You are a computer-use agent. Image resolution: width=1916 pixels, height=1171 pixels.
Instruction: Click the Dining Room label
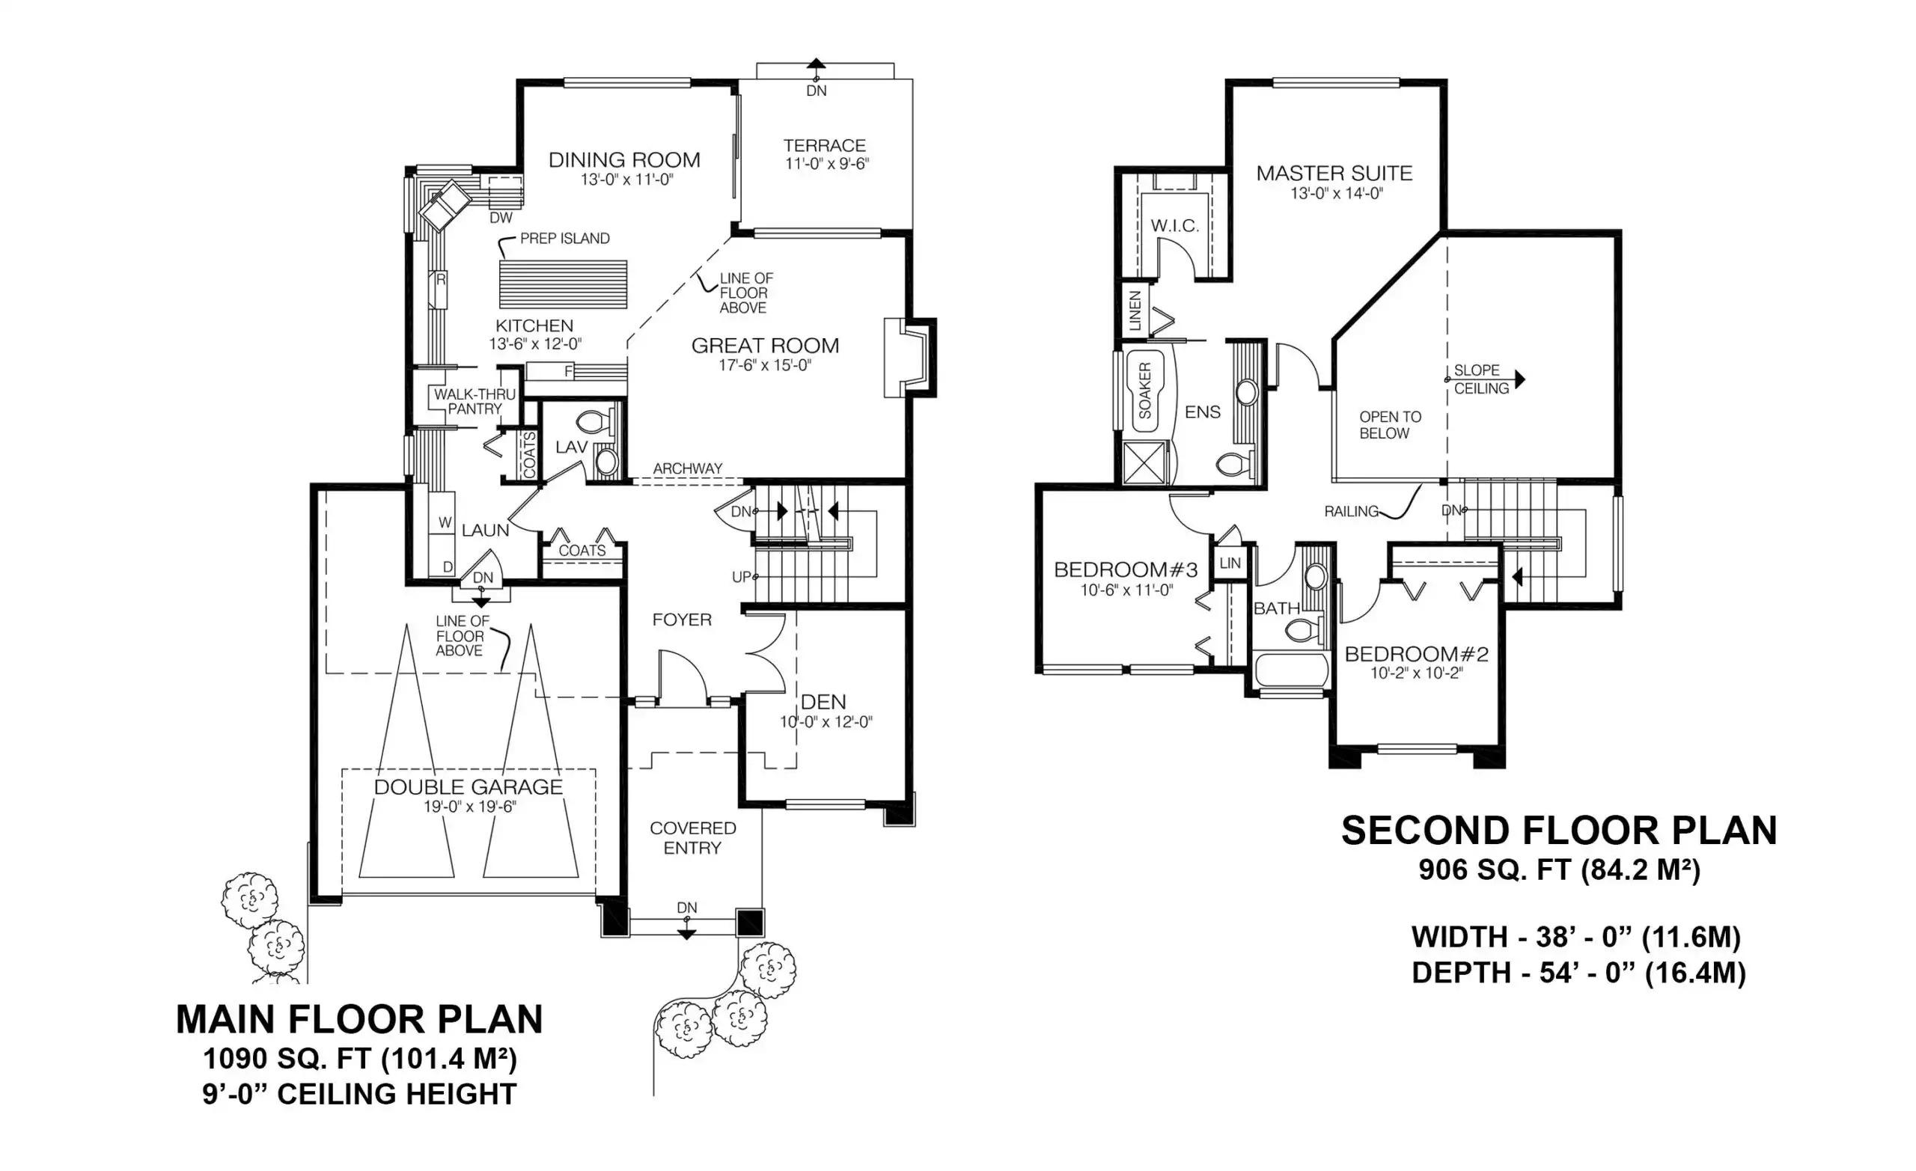[624, 160]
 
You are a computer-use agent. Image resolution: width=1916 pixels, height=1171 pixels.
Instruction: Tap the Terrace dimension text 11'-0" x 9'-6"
[826, 164]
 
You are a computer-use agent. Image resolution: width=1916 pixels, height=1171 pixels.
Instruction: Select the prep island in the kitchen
[563, 284]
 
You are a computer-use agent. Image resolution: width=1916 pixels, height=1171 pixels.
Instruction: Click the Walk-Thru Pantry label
[475, 401]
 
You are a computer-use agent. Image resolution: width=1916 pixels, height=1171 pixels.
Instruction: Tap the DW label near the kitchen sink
[501, 218]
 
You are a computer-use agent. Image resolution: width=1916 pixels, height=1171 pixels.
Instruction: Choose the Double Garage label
[468, 787]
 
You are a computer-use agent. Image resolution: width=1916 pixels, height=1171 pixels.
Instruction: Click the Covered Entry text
[693, 838]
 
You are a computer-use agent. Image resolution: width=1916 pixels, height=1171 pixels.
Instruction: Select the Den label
[823, 701]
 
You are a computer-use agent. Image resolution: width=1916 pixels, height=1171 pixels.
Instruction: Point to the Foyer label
[682, 620]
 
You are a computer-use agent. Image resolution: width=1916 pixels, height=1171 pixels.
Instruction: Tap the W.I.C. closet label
[1175, 226]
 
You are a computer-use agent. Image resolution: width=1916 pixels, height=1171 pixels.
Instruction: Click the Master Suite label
[1334, 174]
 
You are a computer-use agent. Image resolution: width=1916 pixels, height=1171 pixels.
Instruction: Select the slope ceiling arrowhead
[1520, 380]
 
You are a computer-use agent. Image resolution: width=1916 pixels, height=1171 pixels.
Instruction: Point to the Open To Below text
[1390, 425]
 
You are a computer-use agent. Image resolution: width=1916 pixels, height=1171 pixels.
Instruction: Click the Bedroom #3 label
[1126, 570]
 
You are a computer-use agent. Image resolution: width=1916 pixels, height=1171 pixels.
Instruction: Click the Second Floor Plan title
[1559, 831]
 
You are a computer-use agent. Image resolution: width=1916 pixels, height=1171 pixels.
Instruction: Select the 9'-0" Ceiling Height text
[359, 1094]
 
